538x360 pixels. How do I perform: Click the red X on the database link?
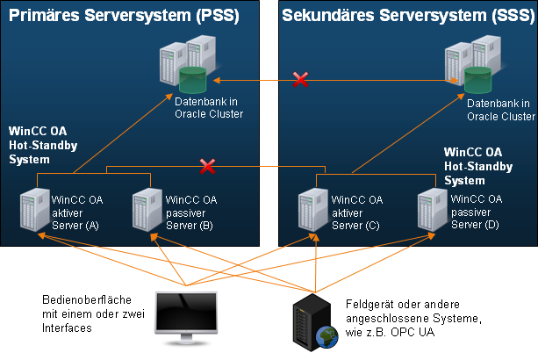[300, 81]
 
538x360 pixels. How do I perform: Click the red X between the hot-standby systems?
[208, 165]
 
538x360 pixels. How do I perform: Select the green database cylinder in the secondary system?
[477, 79]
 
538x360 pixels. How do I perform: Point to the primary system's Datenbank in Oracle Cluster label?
[208, 108]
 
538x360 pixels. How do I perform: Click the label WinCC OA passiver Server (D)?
[477, 212]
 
